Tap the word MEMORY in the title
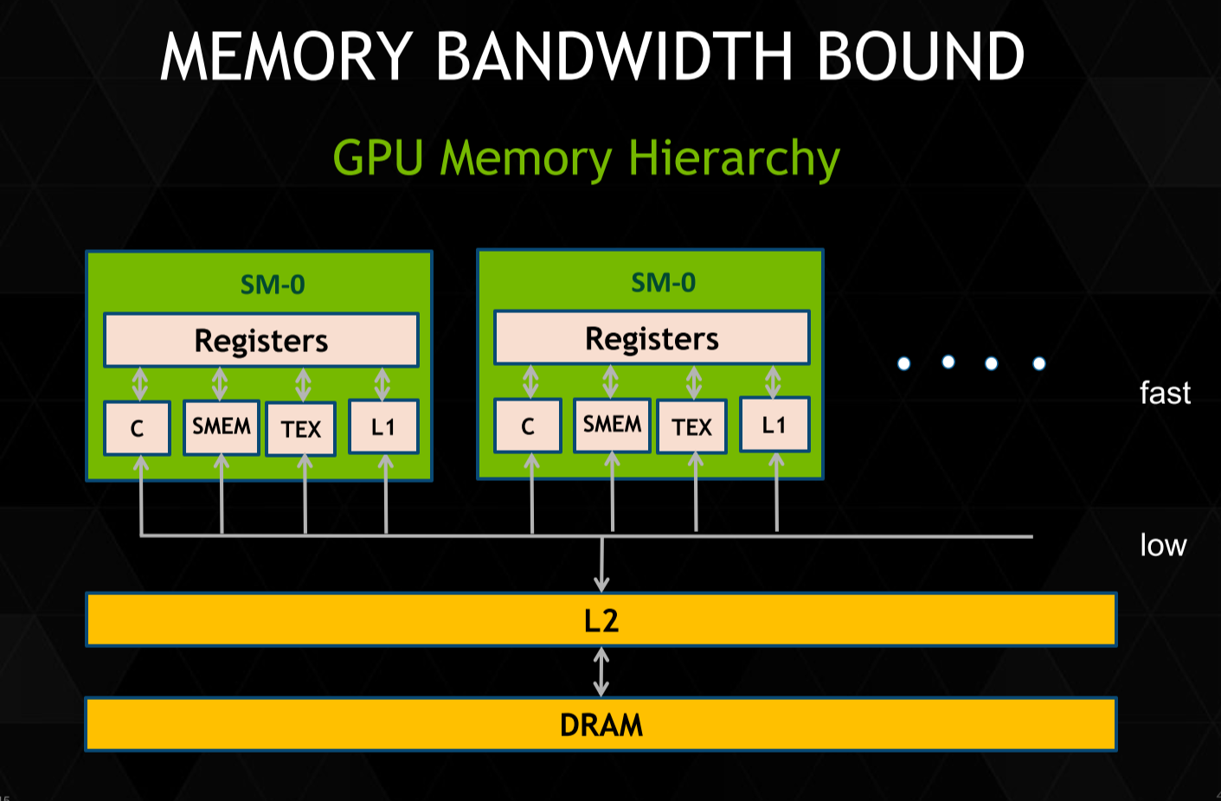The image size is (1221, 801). (x=286, y=57)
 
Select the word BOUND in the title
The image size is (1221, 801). (x=920, y=57)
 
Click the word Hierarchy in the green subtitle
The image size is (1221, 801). (x=734, y=159)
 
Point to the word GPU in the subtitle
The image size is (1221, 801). (x=378, y=158)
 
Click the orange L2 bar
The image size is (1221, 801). (x=601, y=620)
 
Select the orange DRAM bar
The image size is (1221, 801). (x=601, y=724)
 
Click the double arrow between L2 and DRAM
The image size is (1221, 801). (x=601, y=672)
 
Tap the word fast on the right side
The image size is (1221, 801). (x=1165, y=394)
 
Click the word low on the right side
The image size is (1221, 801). (x=1163, y=546)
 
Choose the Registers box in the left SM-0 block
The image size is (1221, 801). (x=261, y=341)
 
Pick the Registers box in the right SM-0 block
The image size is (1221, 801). (x=652, y=338)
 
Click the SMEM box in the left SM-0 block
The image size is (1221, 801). (x=222, y=426)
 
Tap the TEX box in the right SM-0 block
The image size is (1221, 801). (x=692, y=426)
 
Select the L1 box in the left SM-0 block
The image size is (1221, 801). (x=383, y=426)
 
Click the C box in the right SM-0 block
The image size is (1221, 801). (x=528, y=426)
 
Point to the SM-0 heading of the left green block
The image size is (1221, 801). (x=273, y=285)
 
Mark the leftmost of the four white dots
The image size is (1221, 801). (x=904, y=363)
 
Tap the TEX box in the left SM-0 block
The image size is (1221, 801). (x=301, y=429)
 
